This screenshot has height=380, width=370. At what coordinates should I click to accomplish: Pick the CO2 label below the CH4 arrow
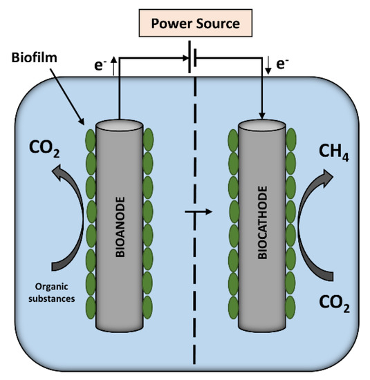click(335, 302)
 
